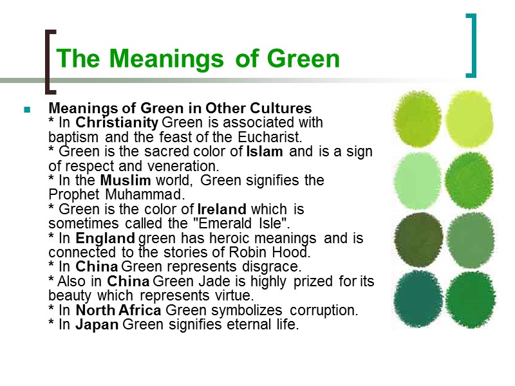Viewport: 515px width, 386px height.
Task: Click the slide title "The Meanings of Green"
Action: [198, 59]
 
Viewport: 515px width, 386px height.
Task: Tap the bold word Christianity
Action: [117, 122]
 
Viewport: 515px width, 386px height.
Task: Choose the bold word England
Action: [105, 238]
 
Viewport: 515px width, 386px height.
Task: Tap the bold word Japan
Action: [97, 324]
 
